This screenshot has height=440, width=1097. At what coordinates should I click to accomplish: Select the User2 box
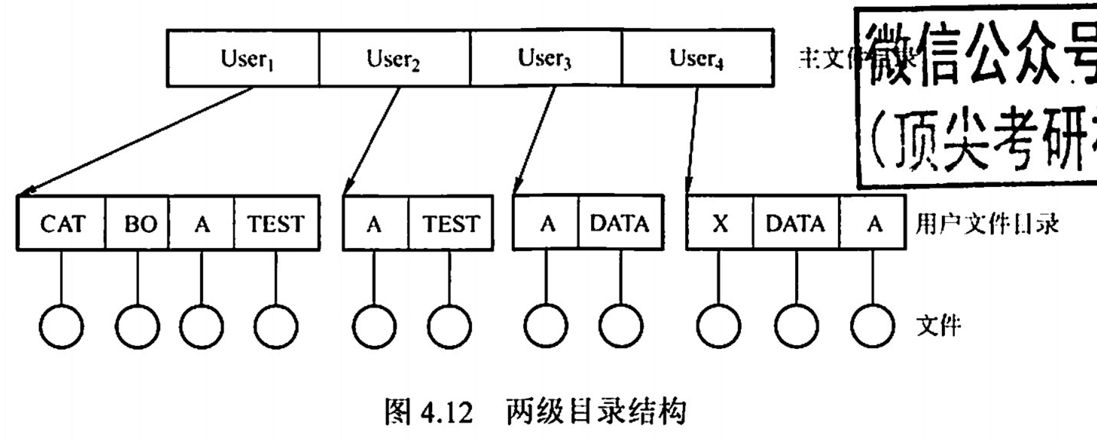coord(394,58)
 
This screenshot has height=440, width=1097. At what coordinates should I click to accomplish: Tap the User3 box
coord(545,58)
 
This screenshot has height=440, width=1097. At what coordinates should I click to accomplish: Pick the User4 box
coord(697,58)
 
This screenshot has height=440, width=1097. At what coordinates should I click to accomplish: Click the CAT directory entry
coord(62,224)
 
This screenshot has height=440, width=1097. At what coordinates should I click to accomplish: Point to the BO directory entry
coord(139,224)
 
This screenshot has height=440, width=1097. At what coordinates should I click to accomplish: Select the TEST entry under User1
coord(276,224)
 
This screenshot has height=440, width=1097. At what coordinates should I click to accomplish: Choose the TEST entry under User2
coord(450,224)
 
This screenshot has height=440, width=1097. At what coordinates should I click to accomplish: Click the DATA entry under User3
coord(620,224)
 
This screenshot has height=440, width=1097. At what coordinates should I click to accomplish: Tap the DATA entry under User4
coord(796,224)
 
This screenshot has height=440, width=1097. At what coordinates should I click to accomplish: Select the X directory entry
coord(720,224)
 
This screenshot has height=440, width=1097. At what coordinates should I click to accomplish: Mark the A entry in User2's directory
coord(374,224)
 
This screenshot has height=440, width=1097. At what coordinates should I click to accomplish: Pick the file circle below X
coord(718,326)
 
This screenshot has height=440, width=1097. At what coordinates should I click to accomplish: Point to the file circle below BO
coord(138,326)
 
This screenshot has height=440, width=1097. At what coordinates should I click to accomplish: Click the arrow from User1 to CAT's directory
coord(134,142)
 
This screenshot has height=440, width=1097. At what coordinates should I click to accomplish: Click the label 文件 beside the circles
coord(938,326)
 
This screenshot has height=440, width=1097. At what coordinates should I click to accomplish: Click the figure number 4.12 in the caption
coord(446,413)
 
